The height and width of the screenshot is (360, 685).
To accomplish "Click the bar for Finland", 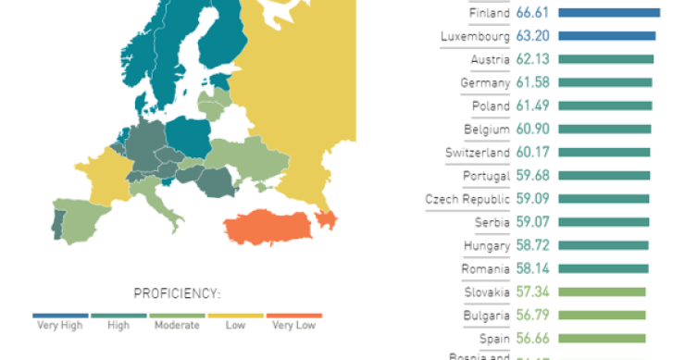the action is pos(609,13).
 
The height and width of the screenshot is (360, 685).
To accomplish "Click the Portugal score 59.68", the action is pos(534,176).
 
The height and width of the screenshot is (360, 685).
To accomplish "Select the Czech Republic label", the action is pos(467,199).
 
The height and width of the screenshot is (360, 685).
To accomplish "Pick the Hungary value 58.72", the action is pos(534,245).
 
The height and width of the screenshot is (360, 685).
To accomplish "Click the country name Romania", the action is pos(486,269).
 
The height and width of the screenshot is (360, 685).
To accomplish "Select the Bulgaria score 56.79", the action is pos(534,316).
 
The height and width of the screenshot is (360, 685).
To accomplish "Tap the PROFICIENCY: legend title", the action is pos(177,294).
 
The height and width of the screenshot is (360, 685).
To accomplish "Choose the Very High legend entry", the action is pos(60,325).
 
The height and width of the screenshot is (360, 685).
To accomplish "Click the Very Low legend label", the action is pos(293,325).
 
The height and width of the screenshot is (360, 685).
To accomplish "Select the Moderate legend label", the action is pos(177,325).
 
